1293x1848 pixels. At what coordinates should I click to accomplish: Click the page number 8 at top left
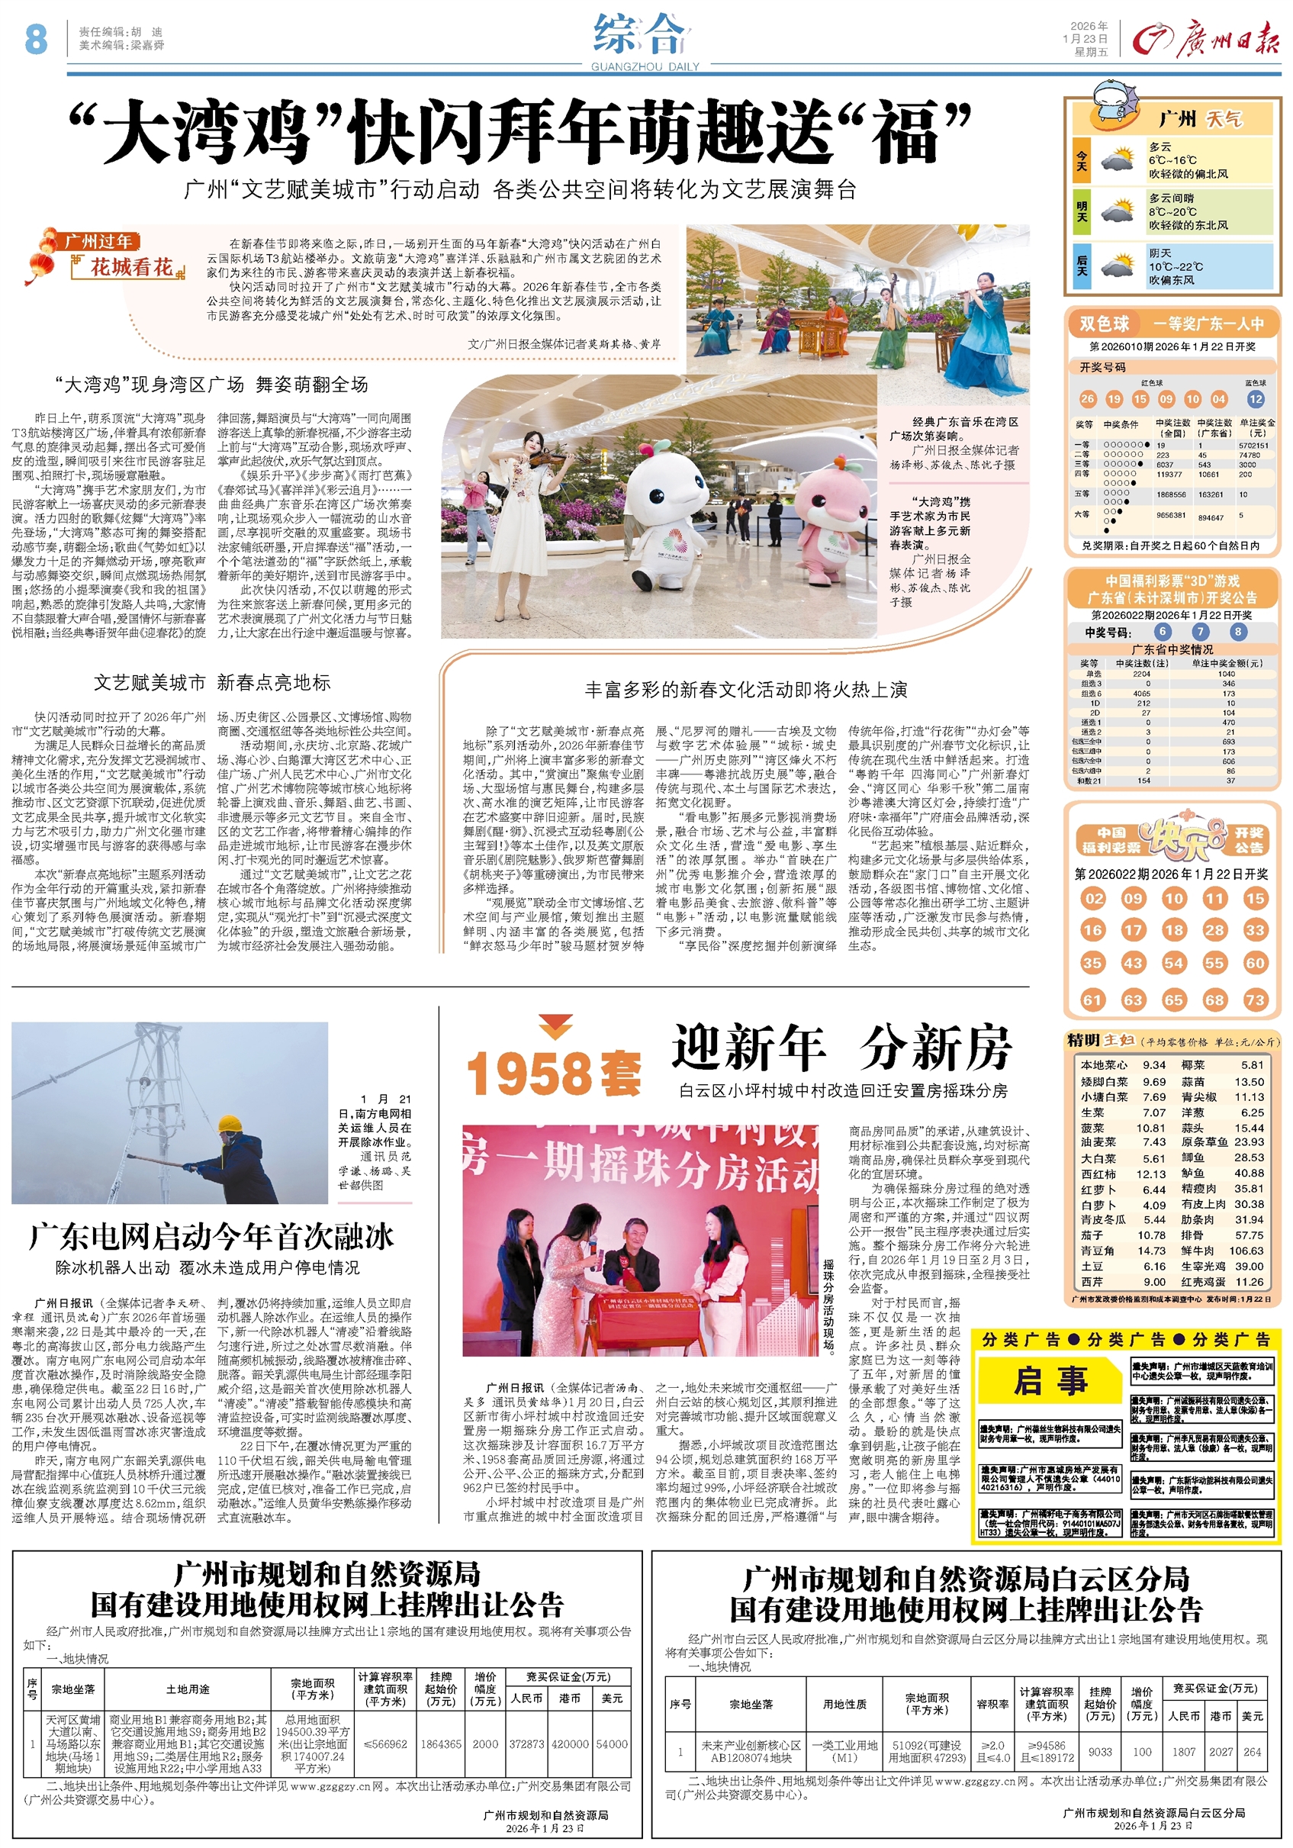pyautogui.click(x=36, y=39)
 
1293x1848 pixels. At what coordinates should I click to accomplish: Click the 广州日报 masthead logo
pyautogui.click(x=1205, y=40)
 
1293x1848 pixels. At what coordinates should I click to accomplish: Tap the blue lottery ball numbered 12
pyautogui.click(x=1255, y=398)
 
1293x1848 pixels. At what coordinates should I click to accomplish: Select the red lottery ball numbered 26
pyautogui.click(x=1088, y=398)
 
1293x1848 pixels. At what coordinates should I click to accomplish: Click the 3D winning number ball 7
pyautogui.click(x=1200, y=632)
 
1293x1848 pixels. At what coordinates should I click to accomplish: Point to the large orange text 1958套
pyautogui.click(x=554, y=1074)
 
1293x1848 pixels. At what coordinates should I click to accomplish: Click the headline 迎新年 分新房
pyautogui.click(x=841, y=1048)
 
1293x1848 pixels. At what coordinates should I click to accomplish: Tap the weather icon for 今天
pyautogui.click(x=1117, y=159)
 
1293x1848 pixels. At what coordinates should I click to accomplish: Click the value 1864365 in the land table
pyautogui.click(x=441, y=1744)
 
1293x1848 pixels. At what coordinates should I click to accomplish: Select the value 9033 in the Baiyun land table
pyautogui.click(x=1100, y=1751)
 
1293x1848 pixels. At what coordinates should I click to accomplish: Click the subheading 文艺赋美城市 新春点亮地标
pyautogui.click(x=211, y=683)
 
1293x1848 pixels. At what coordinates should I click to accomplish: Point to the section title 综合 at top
pyautogui.click(x=641, y=36)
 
